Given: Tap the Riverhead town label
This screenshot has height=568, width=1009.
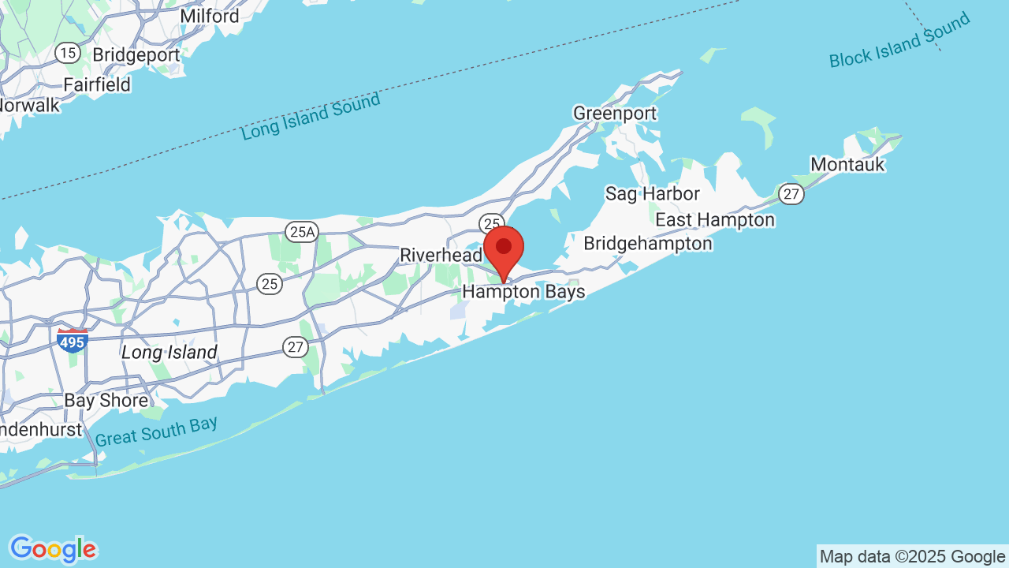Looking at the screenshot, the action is point(441,255).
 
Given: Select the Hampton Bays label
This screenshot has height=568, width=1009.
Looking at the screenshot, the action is point(523,292).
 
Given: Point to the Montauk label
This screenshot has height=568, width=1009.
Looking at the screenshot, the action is point(847,165).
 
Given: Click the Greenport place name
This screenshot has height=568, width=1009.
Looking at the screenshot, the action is point(614,114).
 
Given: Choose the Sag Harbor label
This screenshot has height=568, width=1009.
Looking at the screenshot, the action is point(652,193).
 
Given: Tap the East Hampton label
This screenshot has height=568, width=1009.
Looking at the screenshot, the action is point(715,219).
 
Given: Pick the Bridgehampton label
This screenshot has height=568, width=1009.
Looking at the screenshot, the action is point(647,243).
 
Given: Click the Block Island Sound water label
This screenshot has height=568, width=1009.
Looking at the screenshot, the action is point(899,41).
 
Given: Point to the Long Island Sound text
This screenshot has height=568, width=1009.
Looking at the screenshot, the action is point(311,117).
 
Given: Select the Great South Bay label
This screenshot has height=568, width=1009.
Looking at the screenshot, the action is point(156,432).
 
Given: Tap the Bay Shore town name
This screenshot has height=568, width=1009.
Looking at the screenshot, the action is point(106,400).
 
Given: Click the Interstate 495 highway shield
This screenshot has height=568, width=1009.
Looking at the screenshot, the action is point(72,341).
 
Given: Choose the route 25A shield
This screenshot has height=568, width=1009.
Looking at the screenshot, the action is point(302,231).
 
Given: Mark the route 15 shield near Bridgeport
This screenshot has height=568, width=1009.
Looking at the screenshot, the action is point(68,53).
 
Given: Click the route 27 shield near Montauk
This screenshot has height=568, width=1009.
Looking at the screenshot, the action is point(791,194).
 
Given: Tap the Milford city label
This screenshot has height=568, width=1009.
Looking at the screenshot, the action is point(209,16).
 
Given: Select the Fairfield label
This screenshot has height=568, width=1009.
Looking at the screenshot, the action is point(97,84).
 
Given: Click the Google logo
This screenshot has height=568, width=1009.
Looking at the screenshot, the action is point(53,549).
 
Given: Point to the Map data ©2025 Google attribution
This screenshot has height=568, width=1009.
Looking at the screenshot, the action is point(912,557).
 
